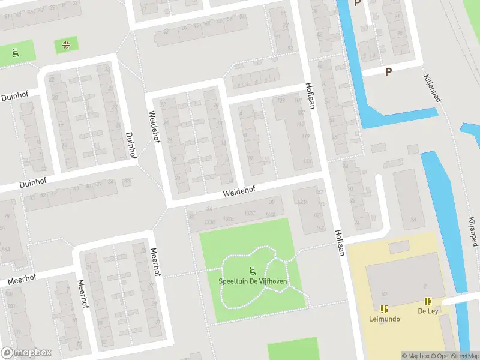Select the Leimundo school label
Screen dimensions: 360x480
(x=384, y=319)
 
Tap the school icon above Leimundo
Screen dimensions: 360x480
(x=384, y=309)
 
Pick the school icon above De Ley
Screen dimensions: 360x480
(x=428, y=301)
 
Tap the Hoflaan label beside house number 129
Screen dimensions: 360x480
(x=310, y=95)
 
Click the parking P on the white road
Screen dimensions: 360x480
(x=388, y=71)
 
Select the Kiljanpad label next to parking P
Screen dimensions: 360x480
(x=433, y=88)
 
